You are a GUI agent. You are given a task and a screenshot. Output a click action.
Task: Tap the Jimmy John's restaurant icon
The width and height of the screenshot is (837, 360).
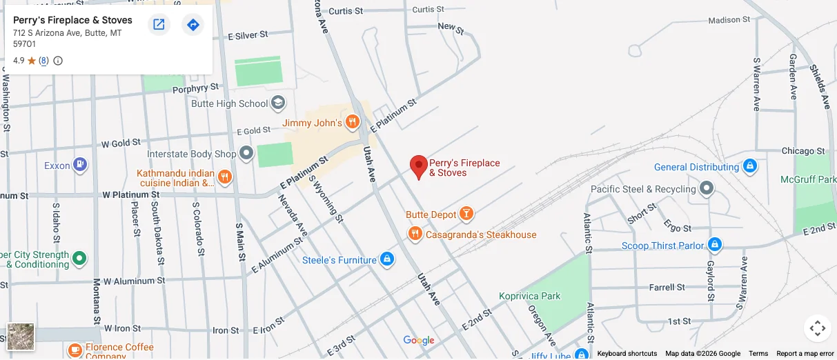353,123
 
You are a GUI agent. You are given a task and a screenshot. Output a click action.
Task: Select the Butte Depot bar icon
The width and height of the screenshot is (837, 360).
467,214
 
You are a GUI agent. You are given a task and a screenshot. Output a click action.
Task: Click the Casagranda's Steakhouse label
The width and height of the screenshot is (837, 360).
481,235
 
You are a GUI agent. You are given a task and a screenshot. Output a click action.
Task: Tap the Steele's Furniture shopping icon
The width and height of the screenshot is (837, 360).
387,260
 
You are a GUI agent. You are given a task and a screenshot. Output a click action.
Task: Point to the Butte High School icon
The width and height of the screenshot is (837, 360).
278,103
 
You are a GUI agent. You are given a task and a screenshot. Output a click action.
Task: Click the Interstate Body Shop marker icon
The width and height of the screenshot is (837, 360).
247,154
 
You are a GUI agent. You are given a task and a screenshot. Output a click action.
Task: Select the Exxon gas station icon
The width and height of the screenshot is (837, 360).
81,166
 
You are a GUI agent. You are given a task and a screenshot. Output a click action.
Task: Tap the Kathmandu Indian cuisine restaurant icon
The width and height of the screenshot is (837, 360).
225,178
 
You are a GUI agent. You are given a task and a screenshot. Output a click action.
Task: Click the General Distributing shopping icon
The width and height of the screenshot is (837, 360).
750,167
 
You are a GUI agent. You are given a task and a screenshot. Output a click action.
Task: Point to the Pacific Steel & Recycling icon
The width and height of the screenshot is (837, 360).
707,189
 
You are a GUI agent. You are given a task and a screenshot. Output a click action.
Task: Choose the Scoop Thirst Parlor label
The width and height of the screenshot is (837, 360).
662,246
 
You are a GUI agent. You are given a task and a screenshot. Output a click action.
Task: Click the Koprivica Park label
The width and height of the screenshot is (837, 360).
530,296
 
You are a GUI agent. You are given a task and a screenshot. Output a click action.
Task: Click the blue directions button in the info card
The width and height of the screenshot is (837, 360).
193,25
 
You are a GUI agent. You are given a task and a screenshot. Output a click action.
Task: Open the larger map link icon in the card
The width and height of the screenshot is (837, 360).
159,25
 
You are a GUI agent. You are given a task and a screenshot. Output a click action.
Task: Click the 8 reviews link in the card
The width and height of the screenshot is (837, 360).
43,61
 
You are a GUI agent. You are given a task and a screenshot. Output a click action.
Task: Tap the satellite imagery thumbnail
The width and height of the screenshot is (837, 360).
21,337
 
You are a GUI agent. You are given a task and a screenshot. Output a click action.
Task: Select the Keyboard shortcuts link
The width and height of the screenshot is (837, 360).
627,354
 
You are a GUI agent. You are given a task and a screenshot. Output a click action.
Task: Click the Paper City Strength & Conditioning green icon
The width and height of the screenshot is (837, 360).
79,259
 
